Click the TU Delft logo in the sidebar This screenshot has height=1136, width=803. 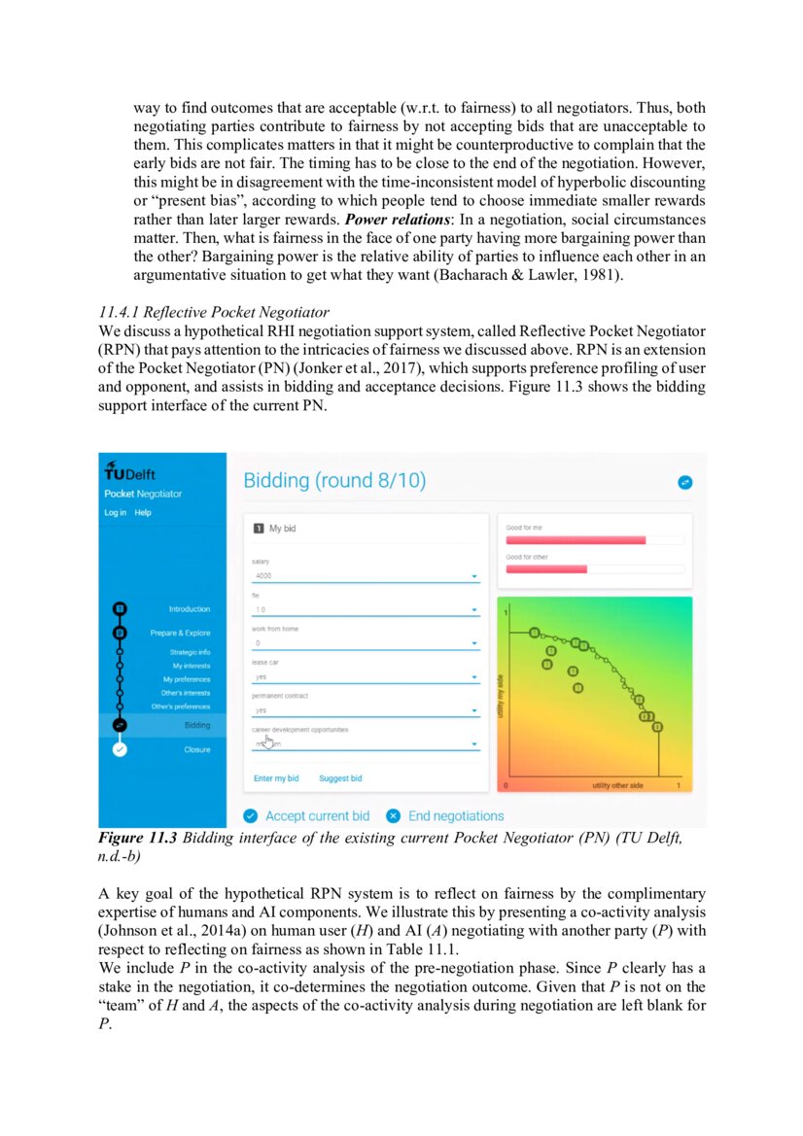pos(130,472)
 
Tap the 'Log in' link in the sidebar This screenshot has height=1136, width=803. pos(115,512)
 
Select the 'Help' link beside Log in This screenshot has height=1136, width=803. pos(143,512)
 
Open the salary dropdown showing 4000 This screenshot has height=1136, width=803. pos(365,576)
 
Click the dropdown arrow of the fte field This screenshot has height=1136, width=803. pos(474,610)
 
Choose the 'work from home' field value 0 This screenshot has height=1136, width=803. pos(365,643)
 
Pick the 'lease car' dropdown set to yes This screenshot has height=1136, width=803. pos(365,676)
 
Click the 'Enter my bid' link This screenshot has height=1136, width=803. pos(276,778)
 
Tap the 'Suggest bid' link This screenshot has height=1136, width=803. pos(340,778)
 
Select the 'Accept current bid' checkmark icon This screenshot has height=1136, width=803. pos(250,815)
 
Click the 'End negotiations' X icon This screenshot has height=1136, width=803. pos(393,815)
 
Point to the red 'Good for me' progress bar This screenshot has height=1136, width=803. pos(576,539)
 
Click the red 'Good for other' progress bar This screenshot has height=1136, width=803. pos(546,568)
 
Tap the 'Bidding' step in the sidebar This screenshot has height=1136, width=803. pos(196,725)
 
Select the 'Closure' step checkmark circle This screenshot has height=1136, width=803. pos(119,749)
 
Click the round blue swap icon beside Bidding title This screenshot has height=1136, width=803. pos(684,481)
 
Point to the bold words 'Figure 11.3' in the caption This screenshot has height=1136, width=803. pos(137,838)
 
